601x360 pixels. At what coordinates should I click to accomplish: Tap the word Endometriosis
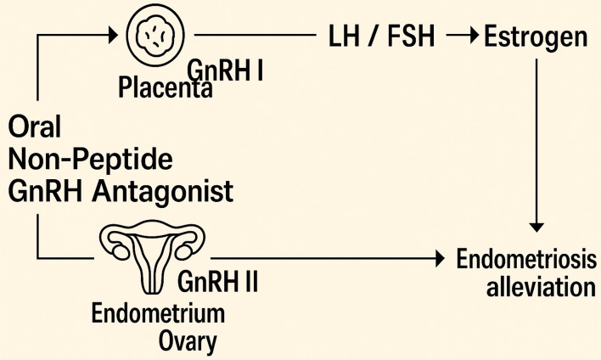524,257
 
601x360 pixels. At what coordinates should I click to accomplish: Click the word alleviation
542,286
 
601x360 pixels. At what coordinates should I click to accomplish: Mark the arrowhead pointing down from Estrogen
536,224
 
